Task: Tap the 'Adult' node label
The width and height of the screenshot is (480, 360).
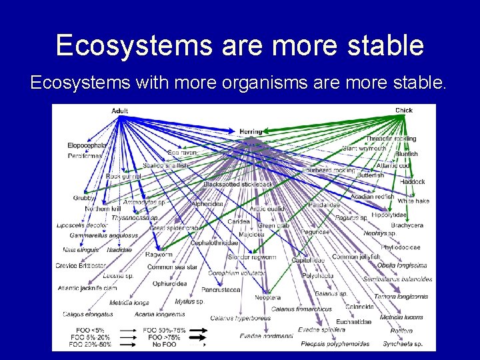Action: pyautogui.click(x=120, y=111)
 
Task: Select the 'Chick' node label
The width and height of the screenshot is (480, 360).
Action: pyautogui.click(x=403, y=110)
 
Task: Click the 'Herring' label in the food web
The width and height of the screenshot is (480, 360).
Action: pyautogui.click(x=251, y=132)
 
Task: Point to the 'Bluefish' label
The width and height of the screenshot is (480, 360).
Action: pyautogui.click(x=406, y=154)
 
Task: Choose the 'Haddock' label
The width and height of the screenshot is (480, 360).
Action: pyautogui.click(x=411, y=182)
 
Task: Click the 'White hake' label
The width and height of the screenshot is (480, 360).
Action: pyautogui.click(x=413, y=201)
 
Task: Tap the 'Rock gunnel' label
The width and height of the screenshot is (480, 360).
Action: pyautogui.click(x=123, y=177)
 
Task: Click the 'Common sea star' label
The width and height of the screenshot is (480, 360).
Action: pyautogui.click(x=172, y=267)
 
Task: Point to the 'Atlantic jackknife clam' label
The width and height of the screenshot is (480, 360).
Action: pyautogui.click(x=87, y=288)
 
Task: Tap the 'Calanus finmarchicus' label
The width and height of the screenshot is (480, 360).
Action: pyautogui.click(x=301, y=309)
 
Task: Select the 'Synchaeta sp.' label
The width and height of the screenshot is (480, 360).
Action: pyautogui.click(x=403, y=344)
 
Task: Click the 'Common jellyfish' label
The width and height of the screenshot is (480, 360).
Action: pyautogui.click(x=355, y=257)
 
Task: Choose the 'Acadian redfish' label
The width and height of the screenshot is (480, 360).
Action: pyautogui.click(x=372, y=197)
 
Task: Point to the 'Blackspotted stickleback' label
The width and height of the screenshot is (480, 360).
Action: pyautogui.click(x=238, y=184)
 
